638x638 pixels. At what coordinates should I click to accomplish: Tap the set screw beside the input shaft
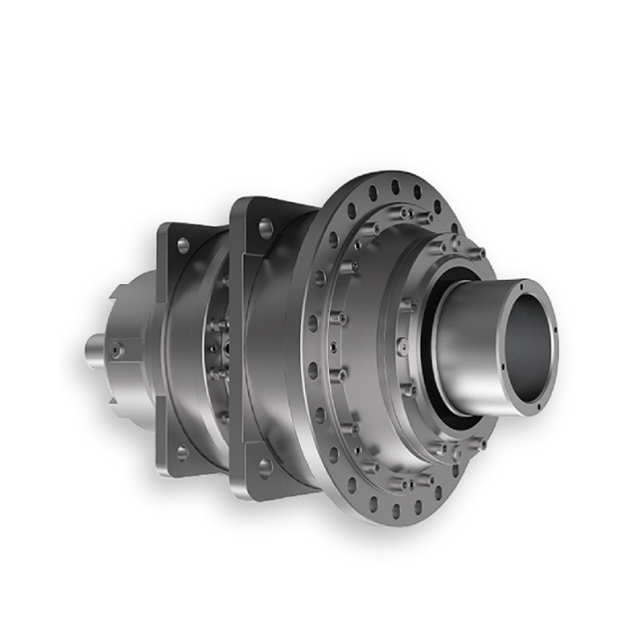118,350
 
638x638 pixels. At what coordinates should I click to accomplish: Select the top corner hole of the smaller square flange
182,244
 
